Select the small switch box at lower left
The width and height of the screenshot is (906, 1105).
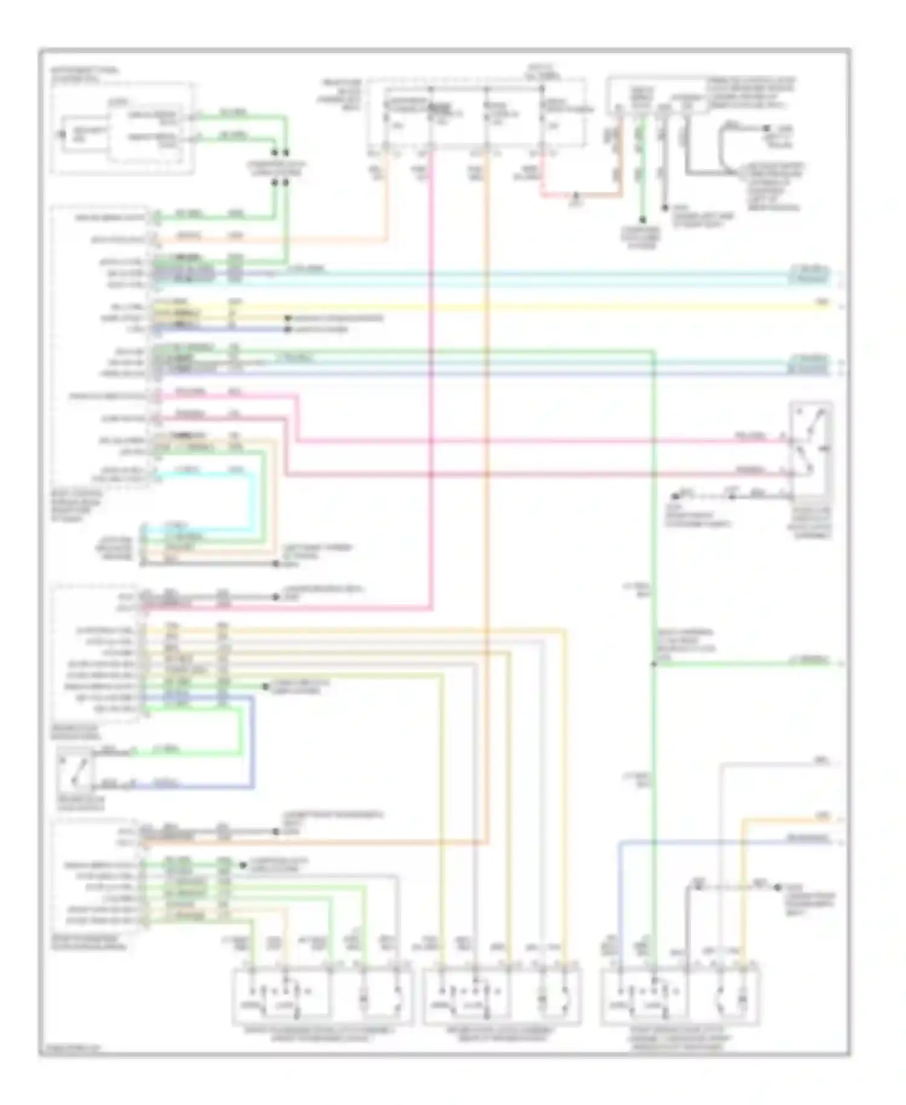(x=75, y=771)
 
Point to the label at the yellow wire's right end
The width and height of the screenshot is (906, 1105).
(x=823, y=302)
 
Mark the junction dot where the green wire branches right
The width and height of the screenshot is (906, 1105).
(x=654, y=664)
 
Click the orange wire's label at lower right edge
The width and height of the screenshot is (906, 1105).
(x=823, y=817)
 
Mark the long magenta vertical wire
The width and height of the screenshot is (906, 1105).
(x=432, y=363)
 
